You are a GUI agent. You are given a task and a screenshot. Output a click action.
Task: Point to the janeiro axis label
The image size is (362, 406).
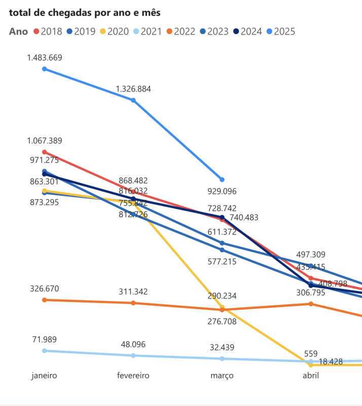coord(44,376)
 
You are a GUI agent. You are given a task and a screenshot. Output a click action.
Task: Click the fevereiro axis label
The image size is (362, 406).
coord(133,376)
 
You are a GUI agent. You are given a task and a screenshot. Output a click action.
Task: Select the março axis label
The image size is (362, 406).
coord(222,376)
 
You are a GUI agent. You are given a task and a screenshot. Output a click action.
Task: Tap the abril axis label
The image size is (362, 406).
coord(311,376)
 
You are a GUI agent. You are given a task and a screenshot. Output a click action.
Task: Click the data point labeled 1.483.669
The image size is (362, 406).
coord(45,69)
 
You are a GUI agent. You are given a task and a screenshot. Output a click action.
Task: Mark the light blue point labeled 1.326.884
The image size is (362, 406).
coord(133,100)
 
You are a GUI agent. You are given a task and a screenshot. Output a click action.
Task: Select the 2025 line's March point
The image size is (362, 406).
coord(222,180)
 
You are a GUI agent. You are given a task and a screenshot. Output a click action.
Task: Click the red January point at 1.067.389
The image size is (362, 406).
coord(45,152)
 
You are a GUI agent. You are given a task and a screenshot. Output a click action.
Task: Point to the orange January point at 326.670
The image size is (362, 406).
coord(45,300)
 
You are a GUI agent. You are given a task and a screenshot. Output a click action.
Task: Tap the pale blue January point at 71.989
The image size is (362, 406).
coord(45,351)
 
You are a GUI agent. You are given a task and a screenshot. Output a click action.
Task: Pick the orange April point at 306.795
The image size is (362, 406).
coord(311,304)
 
